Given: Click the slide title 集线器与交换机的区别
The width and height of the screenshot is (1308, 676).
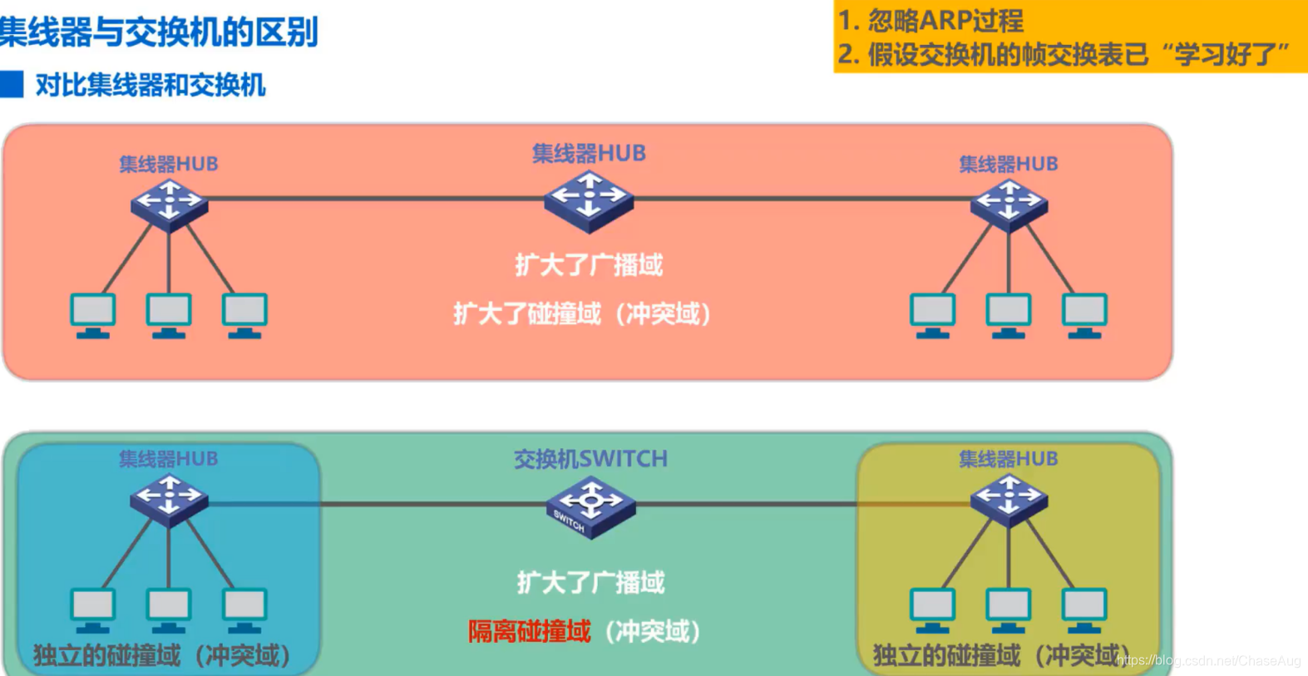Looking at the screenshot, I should [158, 32].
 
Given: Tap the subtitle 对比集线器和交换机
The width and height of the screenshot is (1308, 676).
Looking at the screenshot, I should [150, 85].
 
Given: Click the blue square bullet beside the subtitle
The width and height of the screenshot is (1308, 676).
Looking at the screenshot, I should [12, 84].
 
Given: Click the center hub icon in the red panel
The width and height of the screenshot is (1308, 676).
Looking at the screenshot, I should [589, 200].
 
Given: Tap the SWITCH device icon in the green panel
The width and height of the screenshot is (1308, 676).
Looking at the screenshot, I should [590, 506].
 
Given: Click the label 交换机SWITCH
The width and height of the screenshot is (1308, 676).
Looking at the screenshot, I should [590, 459].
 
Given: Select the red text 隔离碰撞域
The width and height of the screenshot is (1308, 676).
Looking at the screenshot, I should [529, 632].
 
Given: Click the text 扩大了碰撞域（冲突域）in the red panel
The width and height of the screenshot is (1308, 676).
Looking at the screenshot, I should [582, 314].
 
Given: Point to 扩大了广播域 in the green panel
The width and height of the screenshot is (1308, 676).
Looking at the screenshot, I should [590, 583].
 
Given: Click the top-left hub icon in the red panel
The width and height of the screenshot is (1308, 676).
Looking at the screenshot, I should [169, 204].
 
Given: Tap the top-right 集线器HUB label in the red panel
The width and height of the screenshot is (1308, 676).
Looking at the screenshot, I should [1008, 164].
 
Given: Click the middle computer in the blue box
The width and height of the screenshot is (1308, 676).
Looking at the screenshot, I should [169, 609].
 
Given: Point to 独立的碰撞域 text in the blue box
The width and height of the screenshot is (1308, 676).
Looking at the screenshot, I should [106, 656].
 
